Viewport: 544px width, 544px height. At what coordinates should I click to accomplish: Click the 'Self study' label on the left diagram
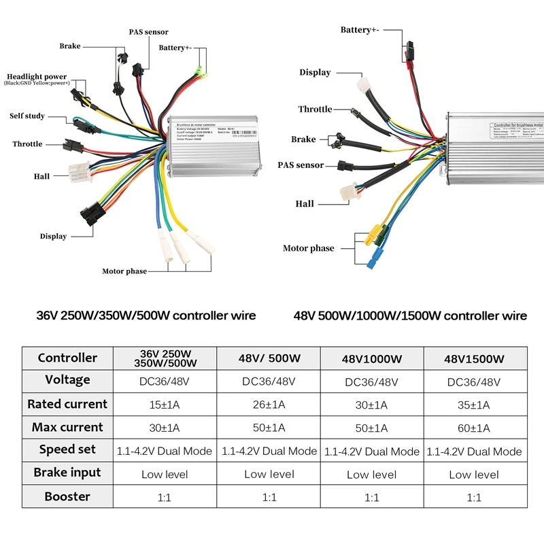[27, 116]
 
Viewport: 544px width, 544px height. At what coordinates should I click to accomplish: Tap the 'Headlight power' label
[37, 77]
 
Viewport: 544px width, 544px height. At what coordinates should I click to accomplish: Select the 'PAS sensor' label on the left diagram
[148, 32]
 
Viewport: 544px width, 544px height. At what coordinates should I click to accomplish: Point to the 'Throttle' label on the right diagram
[315, 109]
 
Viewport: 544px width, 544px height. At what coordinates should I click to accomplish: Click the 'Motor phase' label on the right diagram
[308, 248]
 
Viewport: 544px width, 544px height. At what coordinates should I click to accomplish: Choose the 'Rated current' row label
[67, 404]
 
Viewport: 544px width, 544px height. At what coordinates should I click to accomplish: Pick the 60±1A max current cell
[474, 428]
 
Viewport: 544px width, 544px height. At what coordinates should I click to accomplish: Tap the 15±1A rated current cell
[166, 405]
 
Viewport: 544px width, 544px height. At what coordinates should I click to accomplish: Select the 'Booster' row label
[67, 496]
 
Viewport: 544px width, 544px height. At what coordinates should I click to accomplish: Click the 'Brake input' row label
[67, 473]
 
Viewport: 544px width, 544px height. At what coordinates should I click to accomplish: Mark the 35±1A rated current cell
[474, 405]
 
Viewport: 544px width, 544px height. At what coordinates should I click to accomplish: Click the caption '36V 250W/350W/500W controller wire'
[146, 316]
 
